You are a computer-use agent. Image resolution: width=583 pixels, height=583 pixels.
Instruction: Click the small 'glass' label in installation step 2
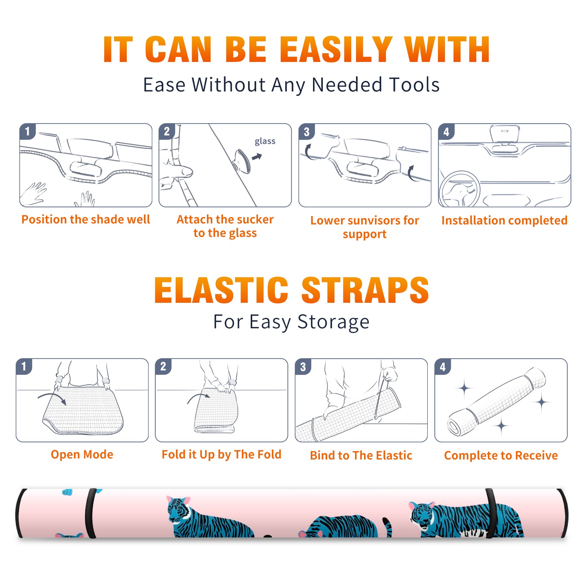265,141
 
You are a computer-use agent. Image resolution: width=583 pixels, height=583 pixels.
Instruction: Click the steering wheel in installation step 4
459,189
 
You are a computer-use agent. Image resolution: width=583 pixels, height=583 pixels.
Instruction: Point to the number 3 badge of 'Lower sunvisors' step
306,132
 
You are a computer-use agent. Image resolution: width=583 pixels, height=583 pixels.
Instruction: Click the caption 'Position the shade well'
86,219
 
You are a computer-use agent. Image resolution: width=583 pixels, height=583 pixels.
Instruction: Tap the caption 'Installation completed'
504,220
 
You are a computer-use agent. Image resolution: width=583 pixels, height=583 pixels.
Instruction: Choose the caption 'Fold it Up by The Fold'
222,454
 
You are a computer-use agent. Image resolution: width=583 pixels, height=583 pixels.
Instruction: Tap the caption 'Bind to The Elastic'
361,455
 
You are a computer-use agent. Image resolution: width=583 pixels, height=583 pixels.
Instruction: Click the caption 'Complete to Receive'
501,455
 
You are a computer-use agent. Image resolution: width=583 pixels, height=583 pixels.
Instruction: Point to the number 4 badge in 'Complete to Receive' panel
443,367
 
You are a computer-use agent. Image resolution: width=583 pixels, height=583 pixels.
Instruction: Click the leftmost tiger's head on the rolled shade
179,508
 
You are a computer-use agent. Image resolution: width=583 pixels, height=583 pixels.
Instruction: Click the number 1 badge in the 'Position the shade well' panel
27,131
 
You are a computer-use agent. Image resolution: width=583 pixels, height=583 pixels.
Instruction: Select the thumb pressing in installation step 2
179,171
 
